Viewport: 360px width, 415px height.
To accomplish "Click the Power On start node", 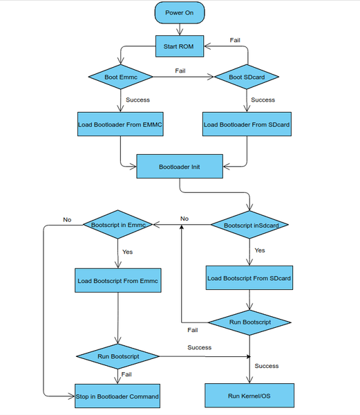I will click(x=179, y=13).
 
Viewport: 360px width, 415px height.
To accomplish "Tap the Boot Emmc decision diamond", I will click(x=120, y=77).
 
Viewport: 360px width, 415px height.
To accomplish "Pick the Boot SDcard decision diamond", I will click(x=247, y=77).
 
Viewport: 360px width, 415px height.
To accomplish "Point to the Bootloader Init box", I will click(x=180, y=167).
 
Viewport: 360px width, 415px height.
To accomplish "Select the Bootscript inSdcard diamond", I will click(x=249, y=224).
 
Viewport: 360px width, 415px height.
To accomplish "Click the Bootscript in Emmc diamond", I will click(x=117, y=224).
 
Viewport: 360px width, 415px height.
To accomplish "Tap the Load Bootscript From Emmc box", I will click(x=117, y=281).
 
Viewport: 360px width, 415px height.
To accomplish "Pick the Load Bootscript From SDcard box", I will click(x=249, y=278).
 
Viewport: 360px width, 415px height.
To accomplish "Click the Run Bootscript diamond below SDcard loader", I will click(x=249, y=322).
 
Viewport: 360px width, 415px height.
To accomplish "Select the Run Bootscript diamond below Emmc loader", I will click(x=117, y=356).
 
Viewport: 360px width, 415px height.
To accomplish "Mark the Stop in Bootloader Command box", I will click(x=117, y=396).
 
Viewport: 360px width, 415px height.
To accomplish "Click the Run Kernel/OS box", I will click(x=249, y=396).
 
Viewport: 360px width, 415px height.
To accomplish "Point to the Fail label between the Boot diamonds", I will click(x=180, y=71).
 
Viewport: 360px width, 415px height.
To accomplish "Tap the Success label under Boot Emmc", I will click(x=138, y=100).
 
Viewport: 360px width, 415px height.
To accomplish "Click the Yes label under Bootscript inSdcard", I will click(x=260, y=250).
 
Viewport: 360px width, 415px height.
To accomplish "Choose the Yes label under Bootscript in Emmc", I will click(x=127, y=252).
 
